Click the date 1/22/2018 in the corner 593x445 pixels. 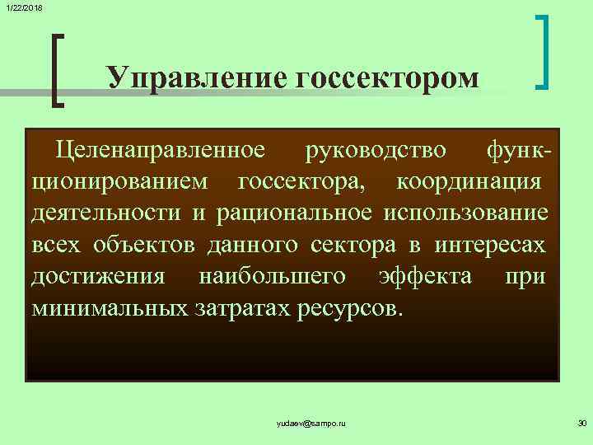tap(24, 7)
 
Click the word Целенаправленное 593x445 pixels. tap(161, 150)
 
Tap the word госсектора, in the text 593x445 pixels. tap(301, 181)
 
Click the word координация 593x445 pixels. tap(469, 181)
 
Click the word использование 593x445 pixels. tap(465, 213)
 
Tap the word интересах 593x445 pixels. tap(489, 244)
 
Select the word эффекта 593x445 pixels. tap(424, 275)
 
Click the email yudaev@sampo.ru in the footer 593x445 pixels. tap(311, 423)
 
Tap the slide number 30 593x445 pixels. tap(581, 423)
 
